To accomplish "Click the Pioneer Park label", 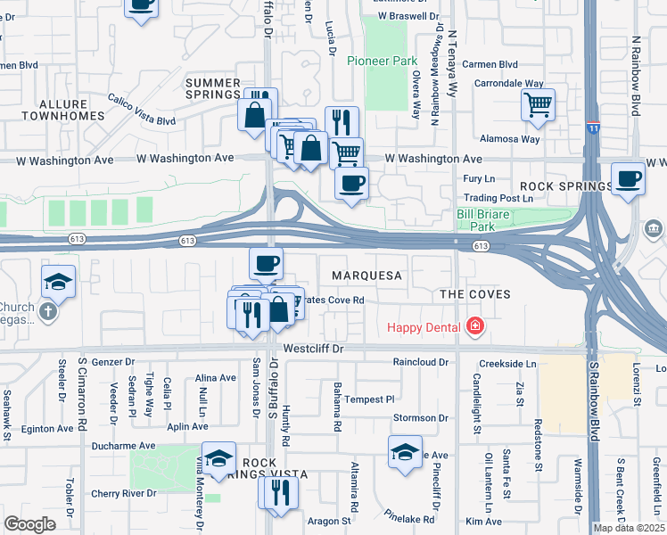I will click(383, 62).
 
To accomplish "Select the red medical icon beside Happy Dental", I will click(474, 326).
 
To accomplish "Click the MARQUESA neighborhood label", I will click(366, 276).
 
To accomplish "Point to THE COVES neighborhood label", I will click(474, 294).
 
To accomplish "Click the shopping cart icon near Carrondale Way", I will click(538, 105).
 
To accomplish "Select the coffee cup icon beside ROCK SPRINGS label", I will click(629, 178).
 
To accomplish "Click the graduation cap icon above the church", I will click(57, 281).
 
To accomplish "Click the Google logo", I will click(29, 523).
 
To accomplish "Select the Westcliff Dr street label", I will click(313, 350).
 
